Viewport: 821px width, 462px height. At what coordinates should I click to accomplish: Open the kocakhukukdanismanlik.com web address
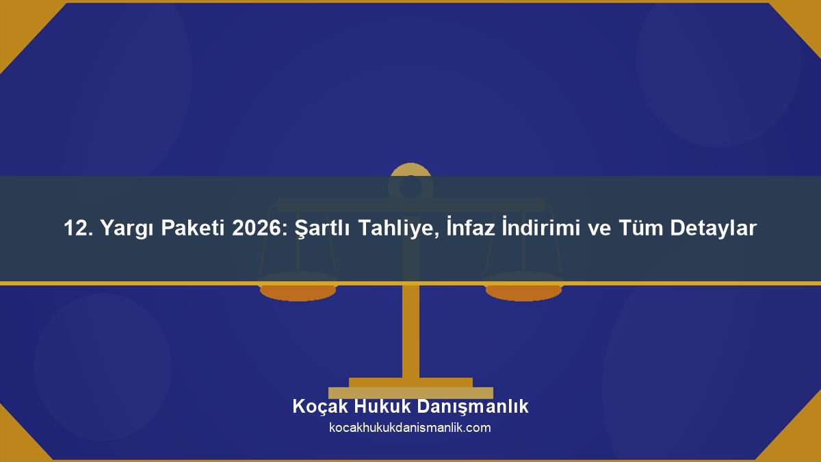[x=410, y=428]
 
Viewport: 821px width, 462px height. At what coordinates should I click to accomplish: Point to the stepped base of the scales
[x=410, y=387]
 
